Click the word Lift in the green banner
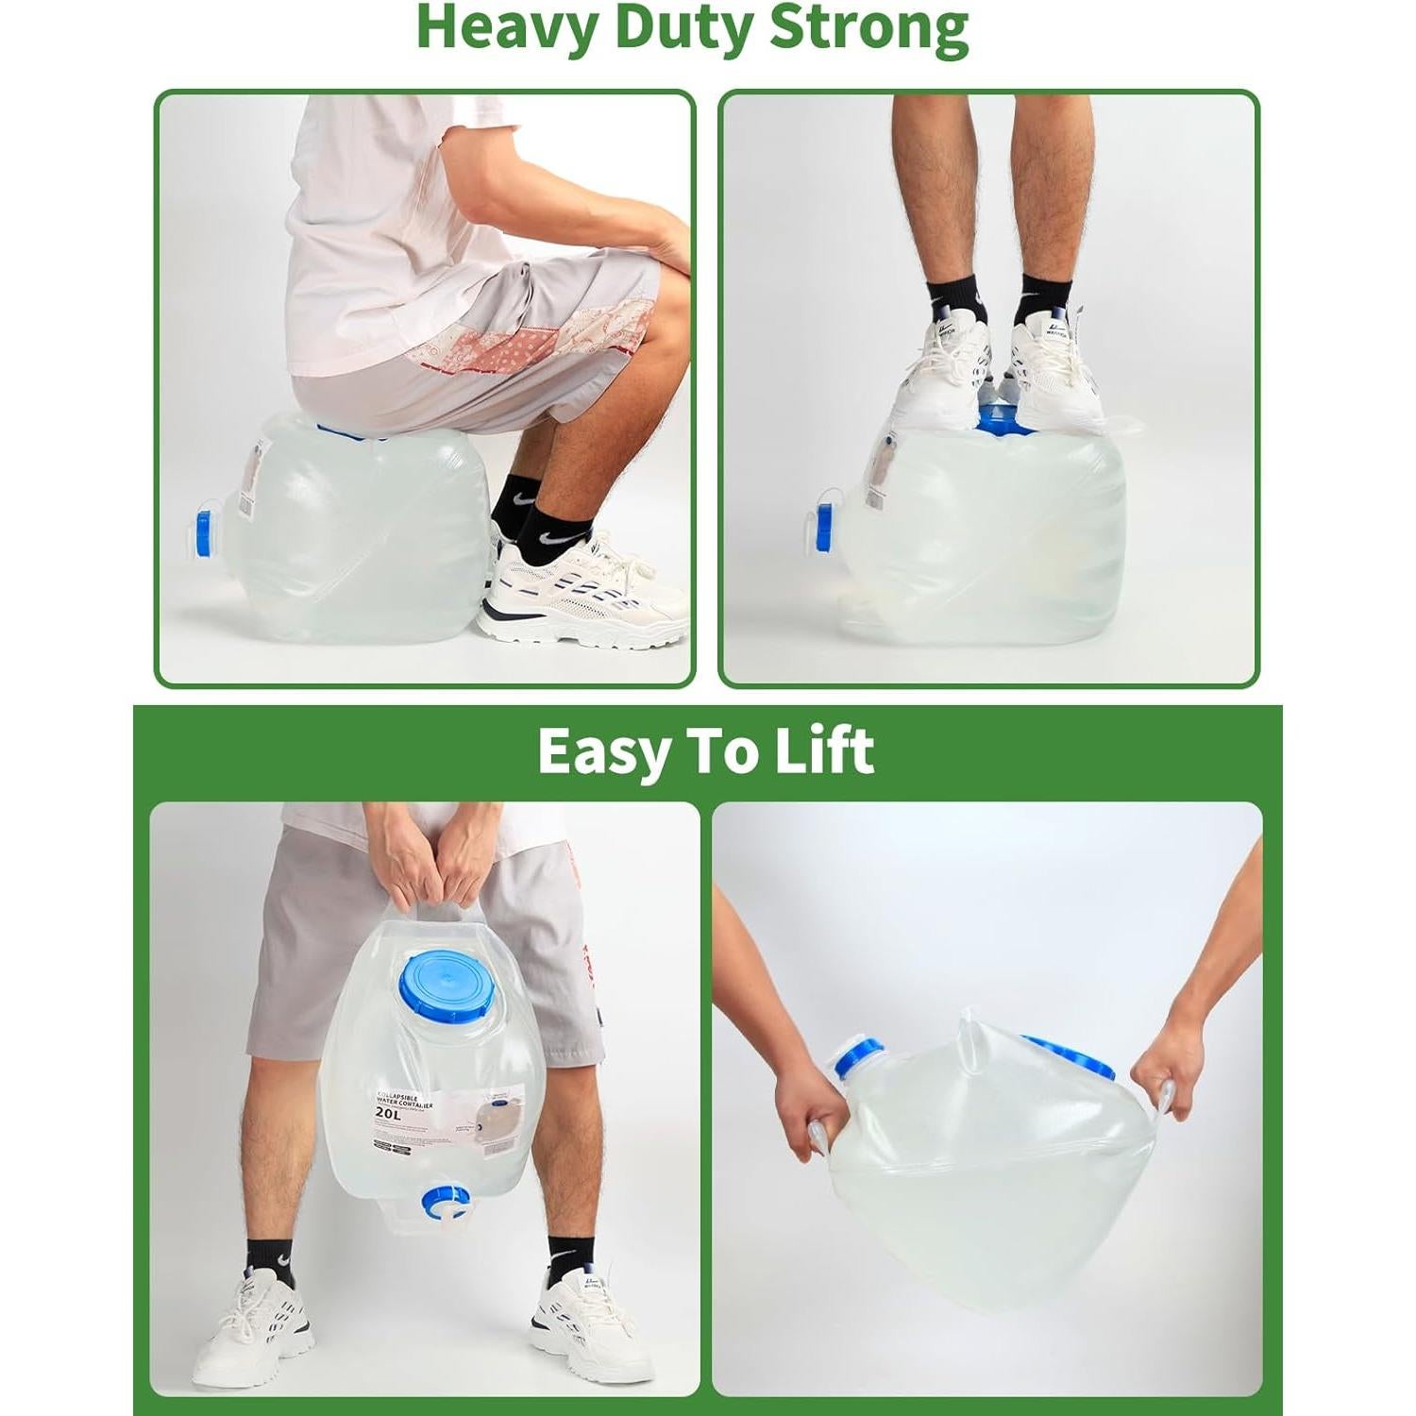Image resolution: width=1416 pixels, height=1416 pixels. (x=824, y=751)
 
